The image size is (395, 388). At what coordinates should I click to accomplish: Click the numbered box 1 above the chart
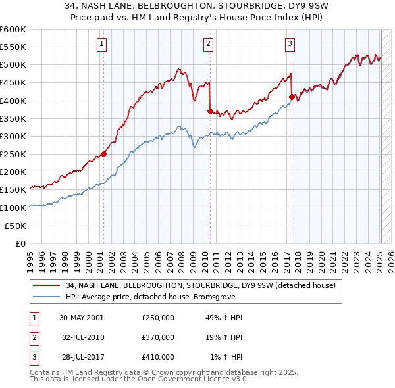click(103, 44)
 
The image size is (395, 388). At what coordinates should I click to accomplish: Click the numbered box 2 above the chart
click(208, 44)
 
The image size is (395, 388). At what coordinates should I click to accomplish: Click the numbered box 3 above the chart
click(290, 44)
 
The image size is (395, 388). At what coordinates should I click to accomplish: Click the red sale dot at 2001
click(104, 155)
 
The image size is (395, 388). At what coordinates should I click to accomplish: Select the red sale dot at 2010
click(210, 112)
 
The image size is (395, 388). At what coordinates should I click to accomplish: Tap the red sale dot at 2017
click(291, 97)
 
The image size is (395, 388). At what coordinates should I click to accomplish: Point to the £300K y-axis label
click(13, 136)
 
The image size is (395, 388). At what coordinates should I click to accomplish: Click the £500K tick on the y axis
click(13, 65)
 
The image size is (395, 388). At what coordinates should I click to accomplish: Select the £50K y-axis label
click(16, 226)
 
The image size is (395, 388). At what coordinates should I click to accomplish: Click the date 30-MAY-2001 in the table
click(82, 318)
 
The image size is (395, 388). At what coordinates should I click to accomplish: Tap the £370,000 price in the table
click(157, 337)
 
